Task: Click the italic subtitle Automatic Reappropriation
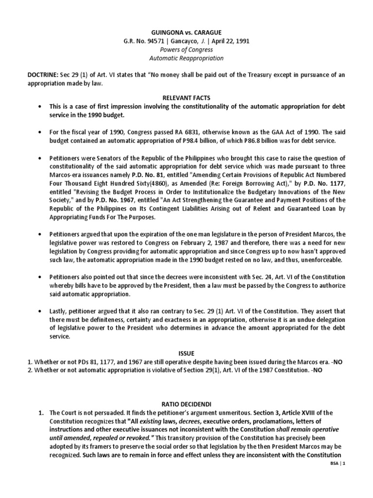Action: click(x=186, y=58)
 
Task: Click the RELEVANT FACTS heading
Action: click(x=186, y=98)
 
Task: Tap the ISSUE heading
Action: click(x=186, y=353)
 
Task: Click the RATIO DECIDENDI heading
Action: click(x=186, y=403)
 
